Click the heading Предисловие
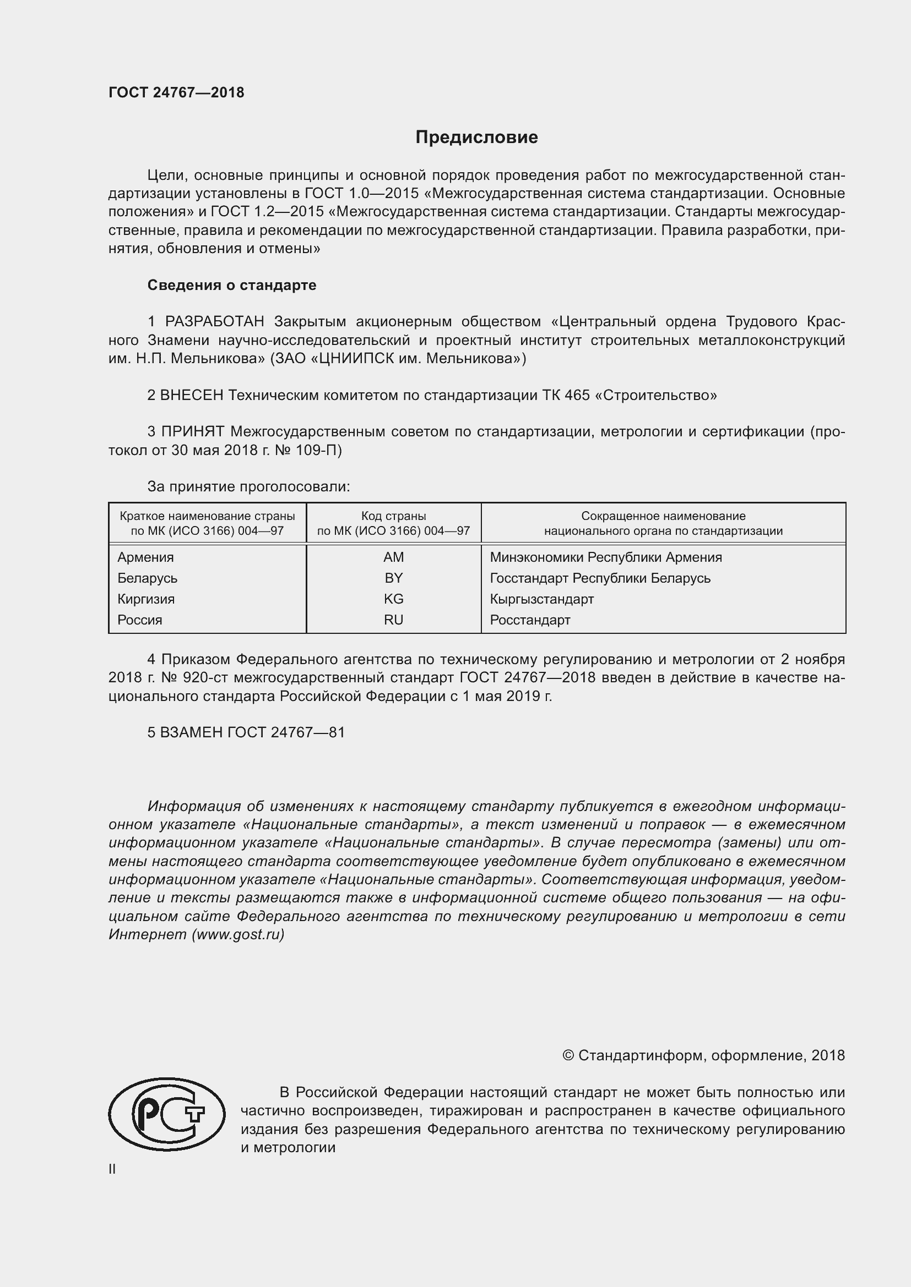click(x=476, y=138)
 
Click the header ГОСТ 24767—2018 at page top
click(x=176, y=92)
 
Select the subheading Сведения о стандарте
click(x=232, y=286)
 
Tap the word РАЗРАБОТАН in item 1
click(x=215, y=322)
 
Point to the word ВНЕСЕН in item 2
click(x=192, y=396)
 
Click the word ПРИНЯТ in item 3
click(x=193, y=432)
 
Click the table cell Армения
click(x=145, y=558)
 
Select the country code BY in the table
click(x=393, y=578)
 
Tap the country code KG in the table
click(x=393, y=599)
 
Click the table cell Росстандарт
click(x=529, y=621)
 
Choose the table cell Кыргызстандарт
click(x=541, y=599)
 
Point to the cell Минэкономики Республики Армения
click(x=605, y=558)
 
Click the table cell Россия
click(x=140, y=621)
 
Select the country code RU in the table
click(x=393, y=621)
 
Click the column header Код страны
click(x=393, y=516)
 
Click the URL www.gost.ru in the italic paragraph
click(x=238, y=935)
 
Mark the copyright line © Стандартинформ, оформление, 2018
click(x=703, y=1056)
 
